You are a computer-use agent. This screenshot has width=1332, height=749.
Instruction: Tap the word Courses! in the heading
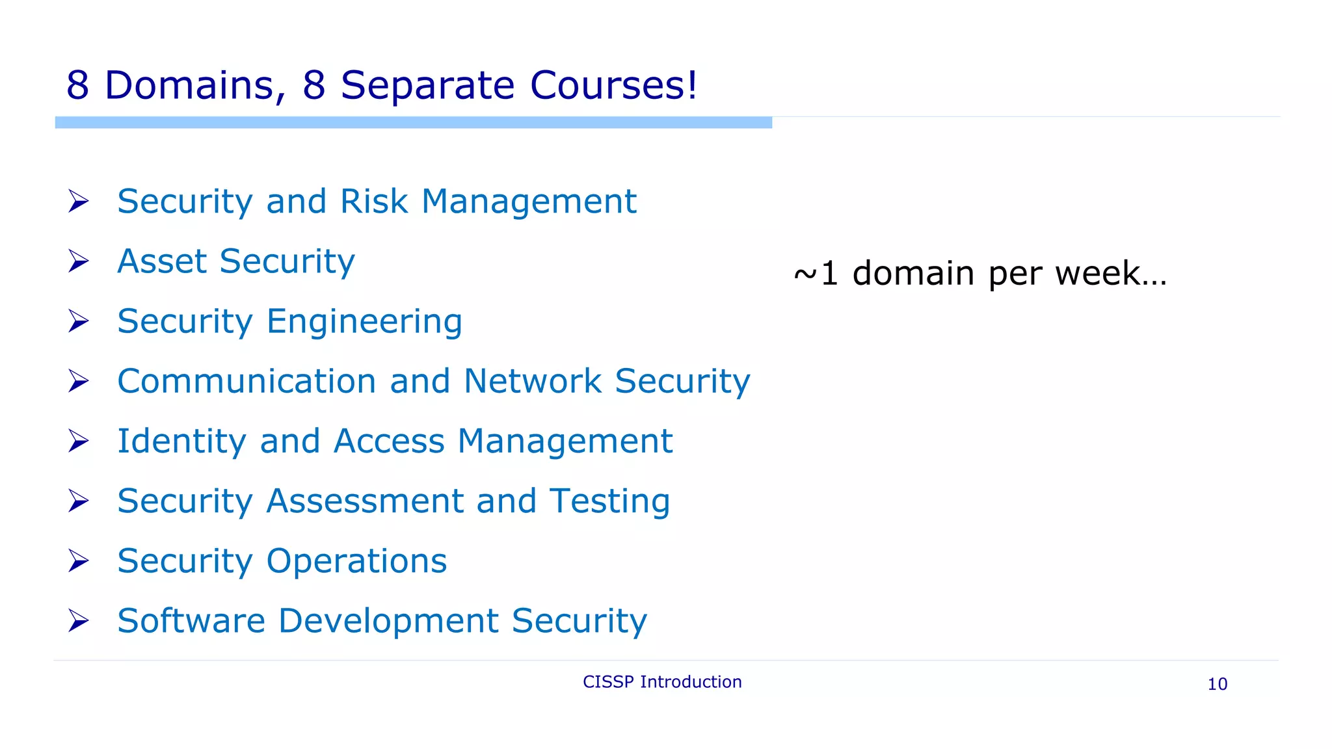pos(613,85)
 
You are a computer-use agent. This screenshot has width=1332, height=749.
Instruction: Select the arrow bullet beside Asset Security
pos(79,261)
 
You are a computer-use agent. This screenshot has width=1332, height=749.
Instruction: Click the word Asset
pos(162,261)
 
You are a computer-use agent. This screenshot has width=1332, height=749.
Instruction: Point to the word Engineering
pos(364,322)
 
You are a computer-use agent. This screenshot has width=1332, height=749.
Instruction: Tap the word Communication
pos(246,381)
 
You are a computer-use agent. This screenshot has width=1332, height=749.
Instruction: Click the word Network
pos(533,381)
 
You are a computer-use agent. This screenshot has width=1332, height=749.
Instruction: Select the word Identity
pos(181,441)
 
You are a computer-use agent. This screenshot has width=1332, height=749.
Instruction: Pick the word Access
pos(389,441)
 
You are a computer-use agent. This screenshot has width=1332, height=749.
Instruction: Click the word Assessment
pos(365,501)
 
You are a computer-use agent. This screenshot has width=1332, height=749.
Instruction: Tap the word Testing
pos(609,501)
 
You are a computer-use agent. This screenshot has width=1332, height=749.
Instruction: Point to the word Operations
pos(356,561)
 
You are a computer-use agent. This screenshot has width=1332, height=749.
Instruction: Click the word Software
pos(191,621)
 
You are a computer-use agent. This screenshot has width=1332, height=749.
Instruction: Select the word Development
pos(388,621)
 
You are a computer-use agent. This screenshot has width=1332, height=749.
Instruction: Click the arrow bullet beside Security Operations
pos(79,561)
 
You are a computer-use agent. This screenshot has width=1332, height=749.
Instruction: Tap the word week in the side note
pos(1097,273)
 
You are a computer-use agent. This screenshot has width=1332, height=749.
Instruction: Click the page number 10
pos(1217,684)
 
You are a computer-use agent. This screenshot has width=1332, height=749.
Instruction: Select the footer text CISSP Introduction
pos(662,682)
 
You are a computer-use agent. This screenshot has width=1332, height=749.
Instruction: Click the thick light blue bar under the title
pos(413,123)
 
